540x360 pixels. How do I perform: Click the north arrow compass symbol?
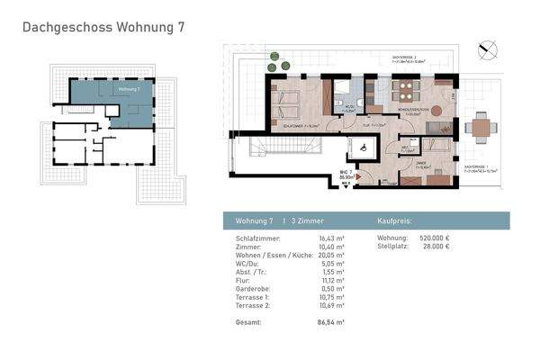489,49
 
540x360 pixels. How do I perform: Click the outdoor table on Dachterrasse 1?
481,128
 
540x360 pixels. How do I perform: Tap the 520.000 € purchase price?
436,238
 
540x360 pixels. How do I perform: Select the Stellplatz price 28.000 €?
437,245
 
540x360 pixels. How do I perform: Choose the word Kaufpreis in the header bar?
392,220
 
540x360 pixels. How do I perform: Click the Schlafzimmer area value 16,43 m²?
332,238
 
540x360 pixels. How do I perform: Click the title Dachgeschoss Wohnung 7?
103,28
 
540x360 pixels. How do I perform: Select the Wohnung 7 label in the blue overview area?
129,90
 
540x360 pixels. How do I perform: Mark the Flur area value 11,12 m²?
332,280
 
